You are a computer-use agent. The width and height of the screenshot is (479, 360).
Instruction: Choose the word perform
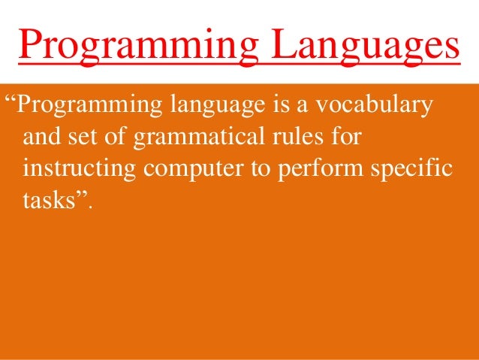(x=313, y=170)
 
